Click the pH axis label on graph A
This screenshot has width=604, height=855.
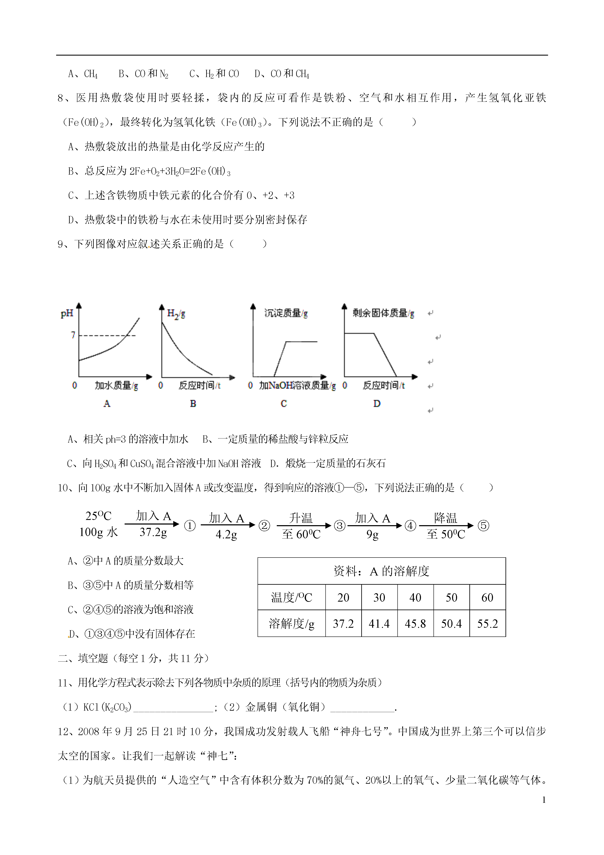click(x=67, y=314)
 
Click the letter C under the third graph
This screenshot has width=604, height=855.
click(x=284, y=403)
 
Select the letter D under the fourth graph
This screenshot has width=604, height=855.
click(x=377, y=403)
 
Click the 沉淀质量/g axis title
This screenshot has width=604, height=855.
click(x=286, y=313)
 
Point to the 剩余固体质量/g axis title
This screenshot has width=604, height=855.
click(x=383, y=313)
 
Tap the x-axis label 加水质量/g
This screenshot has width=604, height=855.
click(x=116, y=385)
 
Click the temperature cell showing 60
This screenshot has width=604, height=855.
click(x=487, y=597)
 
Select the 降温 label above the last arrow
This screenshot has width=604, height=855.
click(x=445, y=518)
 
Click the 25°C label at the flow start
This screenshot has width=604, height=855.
click(x=98, y=516)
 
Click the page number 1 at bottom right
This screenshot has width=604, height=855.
click(x=544, y=799)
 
